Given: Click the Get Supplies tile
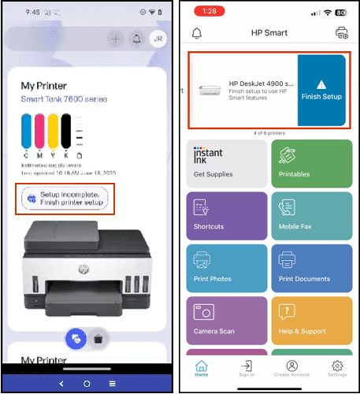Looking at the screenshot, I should coord(226,164).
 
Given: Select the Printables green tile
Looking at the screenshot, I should coord(311,164).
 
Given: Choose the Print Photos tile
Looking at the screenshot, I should coord(226,269).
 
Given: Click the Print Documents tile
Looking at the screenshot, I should coord(311,269).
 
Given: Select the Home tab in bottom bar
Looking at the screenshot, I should coord(202,369).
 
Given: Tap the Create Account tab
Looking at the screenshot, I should coord(292,369).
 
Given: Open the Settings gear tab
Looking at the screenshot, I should coord(337,369).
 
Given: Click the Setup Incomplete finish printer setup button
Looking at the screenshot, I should coord(69,199).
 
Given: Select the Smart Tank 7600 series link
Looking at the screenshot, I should coord(64,99).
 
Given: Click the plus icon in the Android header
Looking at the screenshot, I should coord(115,39).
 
